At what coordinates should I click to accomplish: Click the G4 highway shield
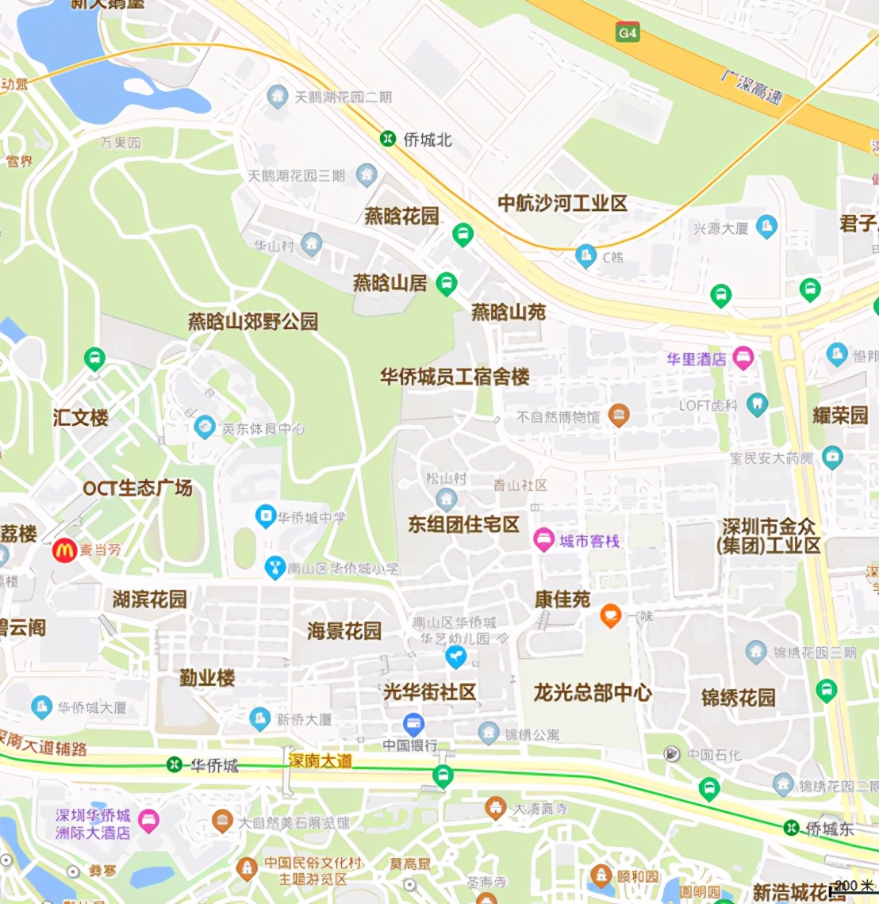(628, 33)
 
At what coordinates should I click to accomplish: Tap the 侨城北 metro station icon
(388, 139)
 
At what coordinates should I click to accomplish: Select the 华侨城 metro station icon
(174, 764)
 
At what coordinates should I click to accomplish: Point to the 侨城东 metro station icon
(790, 828)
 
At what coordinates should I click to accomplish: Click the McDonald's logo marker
(64, 550)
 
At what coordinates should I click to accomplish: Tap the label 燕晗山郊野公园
(253, 321)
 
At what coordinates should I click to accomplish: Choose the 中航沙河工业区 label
(562, 204)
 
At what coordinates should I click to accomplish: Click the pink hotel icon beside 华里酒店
(743, 358)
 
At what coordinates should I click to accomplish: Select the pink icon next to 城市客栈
(543, 540)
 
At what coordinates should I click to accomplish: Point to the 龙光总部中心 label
(593, 692)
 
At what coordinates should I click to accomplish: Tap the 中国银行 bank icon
(413, 723)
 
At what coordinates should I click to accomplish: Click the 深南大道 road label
(321, 760)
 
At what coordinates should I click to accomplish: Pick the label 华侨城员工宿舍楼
(455, 377)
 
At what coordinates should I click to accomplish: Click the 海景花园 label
(344, 630)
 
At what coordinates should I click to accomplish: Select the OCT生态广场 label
(138, 488)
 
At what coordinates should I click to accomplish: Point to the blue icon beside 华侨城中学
(265, 516)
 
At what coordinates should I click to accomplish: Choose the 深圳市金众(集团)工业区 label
(768, 536)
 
